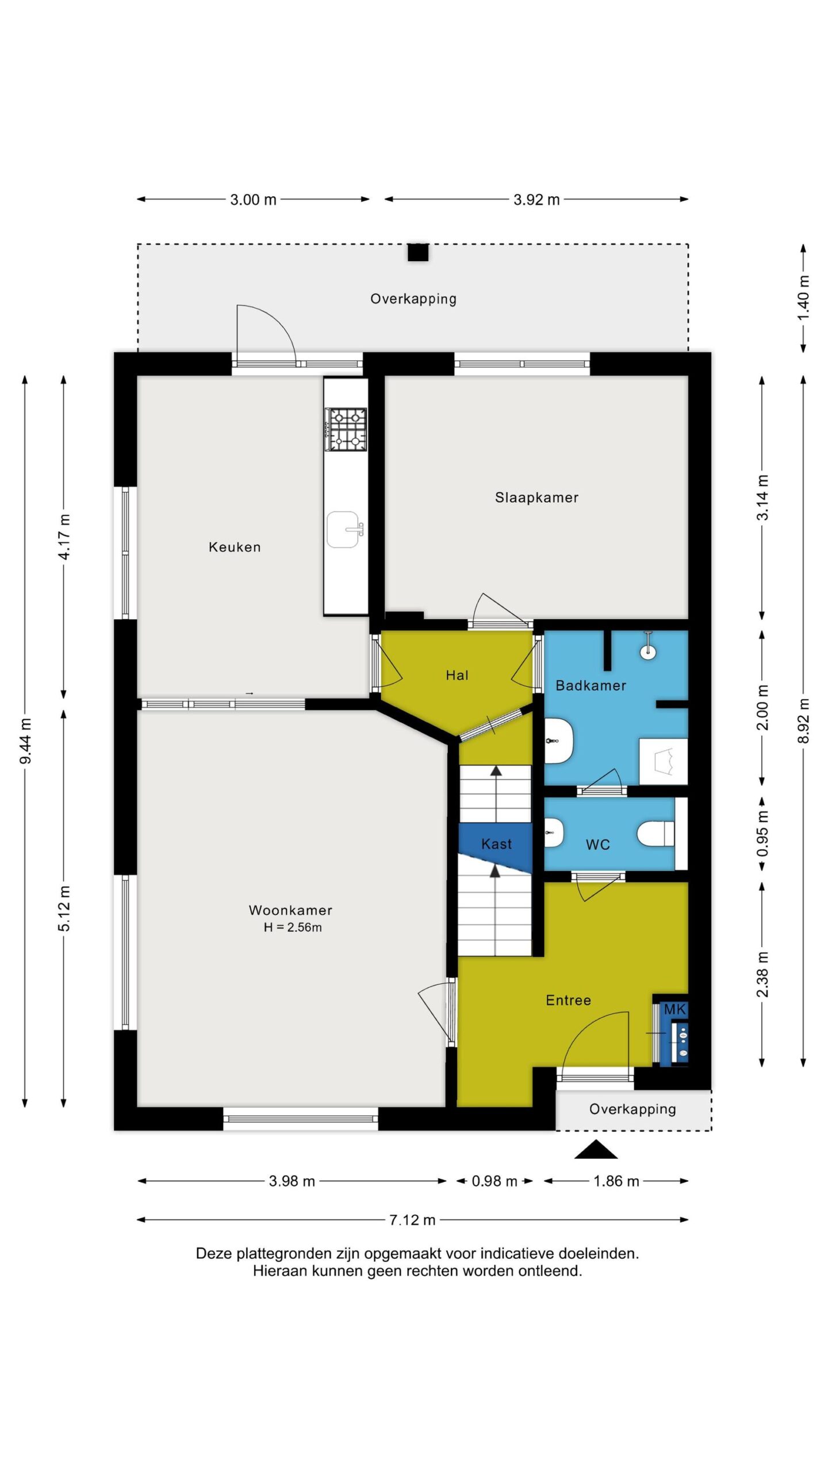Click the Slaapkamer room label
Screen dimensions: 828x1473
click(x=536, y=498)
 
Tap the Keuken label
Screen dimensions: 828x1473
click(x=235, y=547)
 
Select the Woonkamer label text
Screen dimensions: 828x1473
click(x=290, y=910)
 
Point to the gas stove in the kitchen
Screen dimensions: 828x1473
click(x=346, y=429)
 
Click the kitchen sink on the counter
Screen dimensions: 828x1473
click(x=344, y=529)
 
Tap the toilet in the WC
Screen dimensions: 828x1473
click(x=656, y=834)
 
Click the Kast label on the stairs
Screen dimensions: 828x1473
click(x=496, y=844)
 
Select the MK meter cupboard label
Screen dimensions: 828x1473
click(x=674, y=1009)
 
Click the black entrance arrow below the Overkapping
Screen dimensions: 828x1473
click(x=596, y=1149)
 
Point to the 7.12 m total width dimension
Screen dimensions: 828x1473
click(x=412, y=1220)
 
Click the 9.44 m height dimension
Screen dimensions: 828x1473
click(x=25, y=741)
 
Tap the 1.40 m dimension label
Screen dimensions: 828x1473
click(x=804, y=298)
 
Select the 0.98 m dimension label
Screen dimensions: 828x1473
click(x=494, y=1181)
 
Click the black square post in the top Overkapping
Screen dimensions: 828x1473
click(x=418, y=253)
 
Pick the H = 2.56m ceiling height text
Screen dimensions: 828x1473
click(x=293, y=928)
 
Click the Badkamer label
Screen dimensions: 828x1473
click(x=591, y=685)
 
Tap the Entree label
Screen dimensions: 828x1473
click(x=568, y=1001)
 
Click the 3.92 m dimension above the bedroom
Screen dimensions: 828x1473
click(x=536, y=200)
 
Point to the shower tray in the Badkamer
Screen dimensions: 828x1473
click(x=664, y=761)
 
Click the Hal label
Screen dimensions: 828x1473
click(x=457, y=675)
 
